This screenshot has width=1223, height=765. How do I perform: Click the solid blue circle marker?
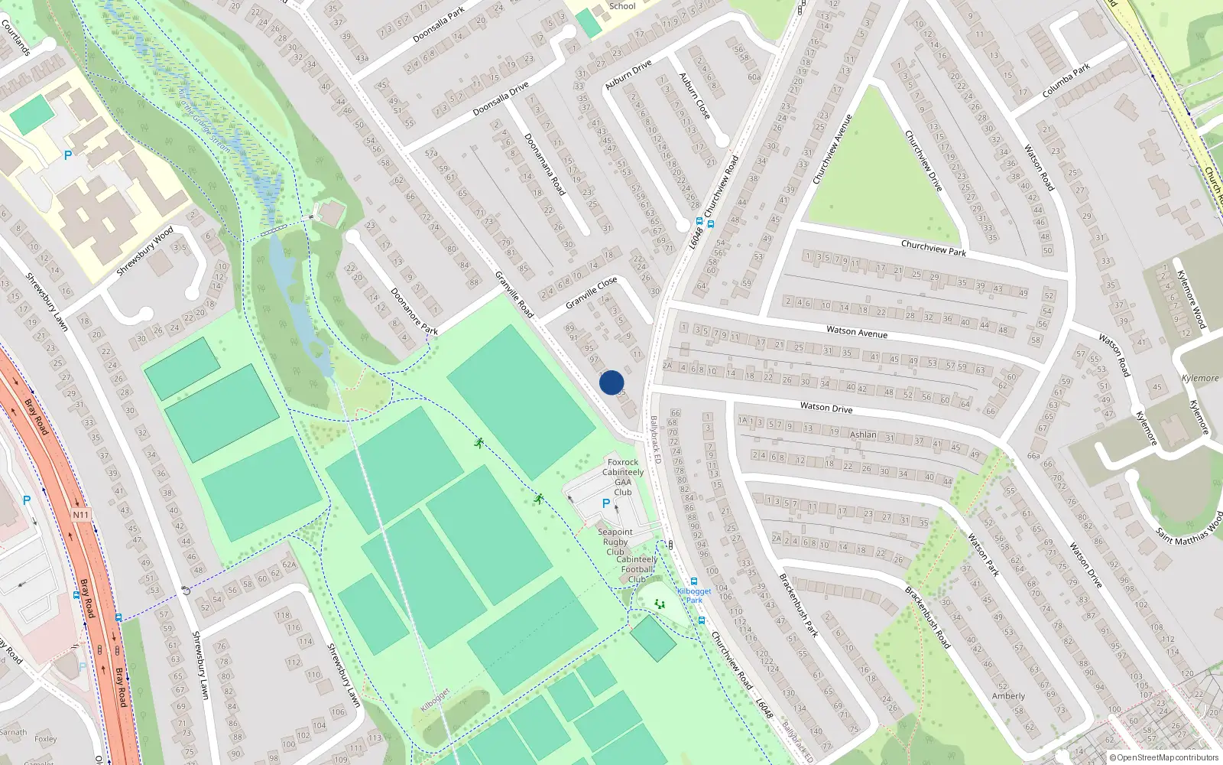click(611, 382)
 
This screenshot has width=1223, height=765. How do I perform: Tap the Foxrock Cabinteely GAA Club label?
click(623, 477)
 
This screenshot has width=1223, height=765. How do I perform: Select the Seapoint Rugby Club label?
click(615, 542)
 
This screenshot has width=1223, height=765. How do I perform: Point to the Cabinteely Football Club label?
click(637, 569)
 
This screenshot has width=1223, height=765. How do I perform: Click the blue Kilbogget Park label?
click(694, 595)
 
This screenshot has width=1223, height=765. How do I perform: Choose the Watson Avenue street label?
click(857, 332)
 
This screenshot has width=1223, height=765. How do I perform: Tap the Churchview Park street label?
click(933, 248)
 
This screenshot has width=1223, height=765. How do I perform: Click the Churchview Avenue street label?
click(832, 149)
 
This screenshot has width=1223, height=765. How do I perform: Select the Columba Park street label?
click(1066, 81)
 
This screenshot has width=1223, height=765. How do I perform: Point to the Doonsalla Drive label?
click(501, 99)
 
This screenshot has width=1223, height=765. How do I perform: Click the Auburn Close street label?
click(695, 96)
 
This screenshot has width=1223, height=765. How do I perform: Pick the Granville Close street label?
click(591, 293)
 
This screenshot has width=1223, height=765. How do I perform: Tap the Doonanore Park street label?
click(414, 311)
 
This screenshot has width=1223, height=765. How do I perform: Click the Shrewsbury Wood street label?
click(145, 251)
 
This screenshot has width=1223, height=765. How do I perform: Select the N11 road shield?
click(81, 515)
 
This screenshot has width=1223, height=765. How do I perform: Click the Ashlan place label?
click(864, 435)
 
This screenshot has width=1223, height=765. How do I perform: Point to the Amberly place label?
click(1008, 696)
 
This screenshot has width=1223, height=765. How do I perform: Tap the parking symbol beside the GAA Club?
click(606, 503)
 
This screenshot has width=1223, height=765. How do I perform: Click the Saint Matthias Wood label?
click(1189, 526)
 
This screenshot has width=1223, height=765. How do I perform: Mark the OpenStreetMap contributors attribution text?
click(1164, 758)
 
